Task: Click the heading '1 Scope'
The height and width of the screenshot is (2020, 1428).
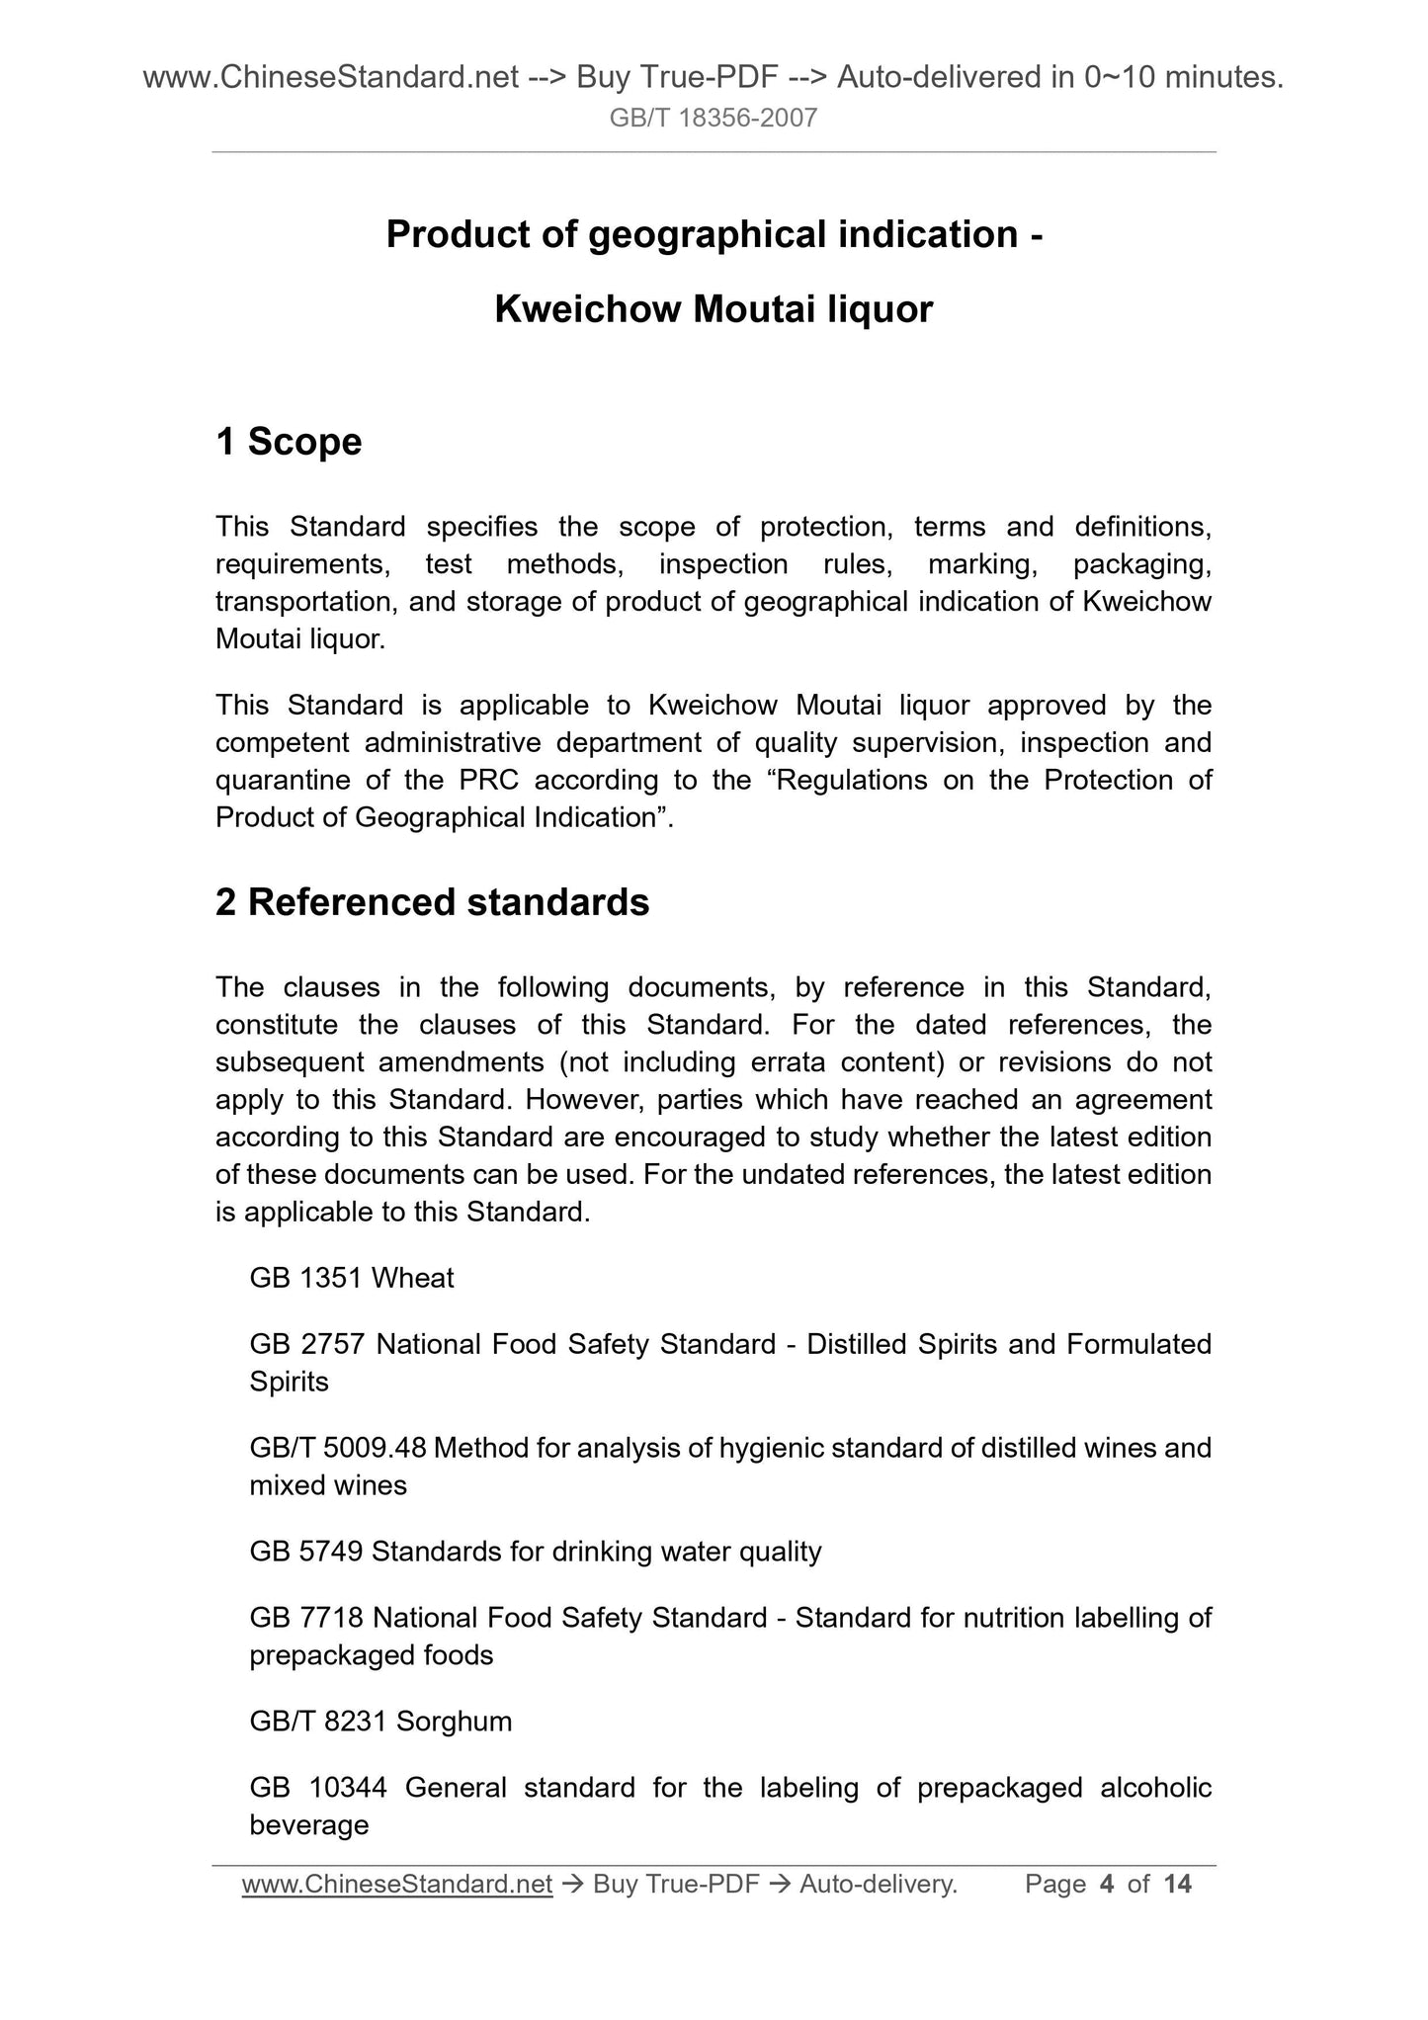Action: point(289,442)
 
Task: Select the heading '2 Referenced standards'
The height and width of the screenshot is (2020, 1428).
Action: point(432,902)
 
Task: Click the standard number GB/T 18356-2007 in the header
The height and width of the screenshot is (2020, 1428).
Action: point(713,119)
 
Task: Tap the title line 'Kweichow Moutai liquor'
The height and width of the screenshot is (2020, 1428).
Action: point(713,310)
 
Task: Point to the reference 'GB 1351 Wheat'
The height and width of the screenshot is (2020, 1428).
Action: point(351,1278)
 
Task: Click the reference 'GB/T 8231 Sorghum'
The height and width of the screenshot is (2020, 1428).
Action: point(380,1722)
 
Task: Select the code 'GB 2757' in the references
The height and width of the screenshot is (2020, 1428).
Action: point(307,1344)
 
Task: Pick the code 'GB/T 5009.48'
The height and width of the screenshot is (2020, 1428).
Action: point(337,1448)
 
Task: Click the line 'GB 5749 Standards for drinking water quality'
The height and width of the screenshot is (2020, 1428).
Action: point(535,1552)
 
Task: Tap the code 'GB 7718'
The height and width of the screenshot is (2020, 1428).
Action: point(307,1618)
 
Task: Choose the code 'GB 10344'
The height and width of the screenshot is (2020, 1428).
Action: point(317,1788)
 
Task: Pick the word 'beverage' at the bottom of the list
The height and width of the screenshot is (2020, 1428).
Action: point(309,1824)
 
